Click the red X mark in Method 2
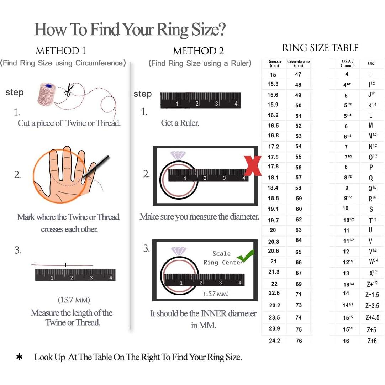pyautogui.click(x=253, y=166)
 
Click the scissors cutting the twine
pyautogui.click(x=69, y=90)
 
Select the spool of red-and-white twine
pyautogui.click(x=47, y=94)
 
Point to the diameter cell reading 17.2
pyautogui.click(x=273, y=147)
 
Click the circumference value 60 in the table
pyautogui.click(x=299, y=209)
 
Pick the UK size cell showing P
pyautogui.click(x=371, y=167)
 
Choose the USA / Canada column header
pyautogui.click(x=347, y=63)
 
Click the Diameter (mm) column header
pyautogui.click(x=274, y=63)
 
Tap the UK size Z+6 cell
pyautogui.click(x=372, y=341)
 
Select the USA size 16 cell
pyautogui.click(x=346, y=341)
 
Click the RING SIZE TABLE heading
pyautogui.click(x=320, y=48)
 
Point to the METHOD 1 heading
pyautogui.click(x=61, y=51)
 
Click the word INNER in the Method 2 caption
pyautogui.click(x=214, y=313)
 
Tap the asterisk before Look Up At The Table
pyautogui.click(x=20, y=357)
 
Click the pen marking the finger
pyautogui.click(x=95, y=166)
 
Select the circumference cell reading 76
pyautogui.click(x=299, y=341)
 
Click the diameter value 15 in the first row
pyautogui.click(x=273, y=75)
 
